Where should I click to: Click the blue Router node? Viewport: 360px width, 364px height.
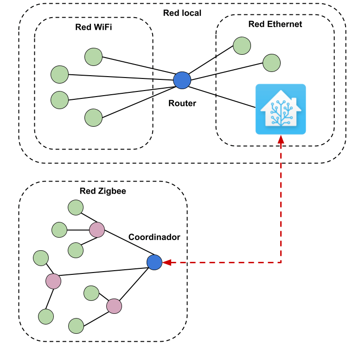click(182, 80)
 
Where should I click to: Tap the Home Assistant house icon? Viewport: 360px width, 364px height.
click(281, 110)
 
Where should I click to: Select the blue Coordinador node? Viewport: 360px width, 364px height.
click(154, 262)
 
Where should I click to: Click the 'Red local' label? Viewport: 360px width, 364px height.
click(182, 13)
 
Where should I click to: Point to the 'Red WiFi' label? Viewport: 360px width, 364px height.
click(94, 27)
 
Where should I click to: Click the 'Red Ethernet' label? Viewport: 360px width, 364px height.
click(275, 24)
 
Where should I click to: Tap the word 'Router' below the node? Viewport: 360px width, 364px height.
click(182, 103)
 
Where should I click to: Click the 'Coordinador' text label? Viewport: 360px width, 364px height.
click(154, 237)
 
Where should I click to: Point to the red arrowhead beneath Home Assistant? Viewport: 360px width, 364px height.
click(281, 139)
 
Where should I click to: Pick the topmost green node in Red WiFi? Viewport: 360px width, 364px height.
click(93, 57)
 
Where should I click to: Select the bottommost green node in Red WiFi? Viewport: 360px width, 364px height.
click(93, 117)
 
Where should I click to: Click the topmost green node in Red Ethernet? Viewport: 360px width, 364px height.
click(242, 45)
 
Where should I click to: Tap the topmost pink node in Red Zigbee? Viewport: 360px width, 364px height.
click(97, 229)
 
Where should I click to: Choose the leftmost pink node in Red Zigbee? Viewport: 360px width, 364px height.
click(53, 280)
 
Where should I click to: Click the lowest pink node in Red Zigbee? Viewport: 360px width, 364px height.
click(114, 306)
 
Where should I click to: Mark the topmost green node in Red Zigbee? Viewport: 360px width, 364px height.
click(75, 208)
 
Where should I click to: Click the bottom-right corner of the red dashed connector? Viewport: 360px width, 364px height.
click(281, 262)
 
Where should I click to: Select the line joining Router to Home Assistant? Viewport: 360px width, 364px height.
click(223, 95)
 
